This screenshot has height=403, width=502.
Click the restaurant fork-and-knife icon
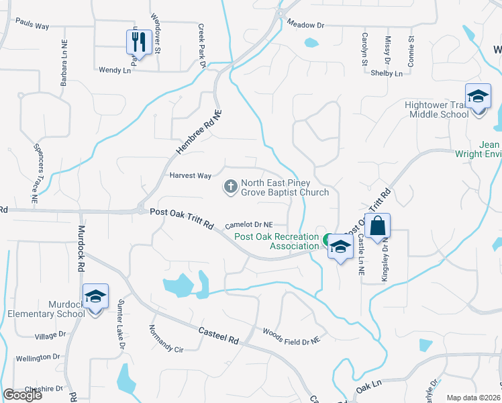coord(138,42)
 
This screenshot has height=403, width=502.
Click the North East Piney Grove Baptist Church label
coord(285,187)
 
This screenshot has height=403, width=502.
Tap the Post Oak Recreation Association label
coord(277,241)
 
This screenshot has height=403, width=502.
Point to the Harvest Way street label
coord(191,176)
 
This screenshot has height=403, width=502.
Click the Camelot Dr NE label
coord(249,225)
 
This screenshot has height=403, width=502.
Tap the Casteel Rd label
coord(219,335)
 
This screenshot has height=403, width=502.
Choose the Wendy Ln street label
coord(114,70)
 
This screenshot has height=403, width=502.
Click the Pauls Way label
coord(32,26)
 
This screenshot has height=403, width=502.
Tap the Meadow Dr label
coord(305,25)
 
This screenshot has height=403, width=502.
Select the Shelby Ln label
coord(387,73)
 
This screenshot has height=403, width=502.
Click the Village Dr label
coord(51,334)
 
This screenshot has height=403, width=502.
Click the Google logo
coord(22,395)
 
